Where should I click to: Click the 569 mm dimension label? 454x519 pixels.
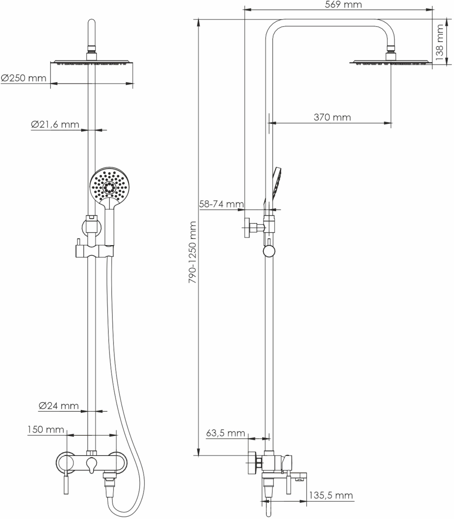click(343, 5)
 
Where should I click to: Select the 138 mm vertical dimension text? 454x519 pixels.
click(440, 42)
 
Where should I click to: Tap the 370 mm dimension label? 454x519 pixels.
click(332, 118)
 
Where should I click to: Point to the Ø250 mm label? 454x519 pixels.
click(24, 78)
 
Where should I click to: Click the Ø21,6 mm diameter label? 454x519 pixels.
click(55, 125)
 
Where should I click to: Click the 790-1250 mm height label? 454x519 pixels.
click(192, 252)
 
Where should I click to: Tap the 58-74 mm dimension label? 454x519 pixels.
click(221, 204)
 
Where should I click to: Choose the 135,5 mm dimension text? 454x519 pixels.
click(331, 495)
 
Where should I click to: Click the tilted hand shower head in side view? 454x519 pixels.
click(277, 183)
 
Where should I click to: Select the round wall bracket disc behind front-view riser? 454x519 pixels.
click(91, 228)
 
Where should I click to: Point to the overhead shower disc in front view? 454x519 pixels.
click(92, 62)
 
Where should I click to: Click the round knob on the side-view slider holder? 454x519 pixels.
click(269, 251)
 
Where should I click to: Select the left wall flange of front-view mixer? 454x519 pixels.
click(65, 463)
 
